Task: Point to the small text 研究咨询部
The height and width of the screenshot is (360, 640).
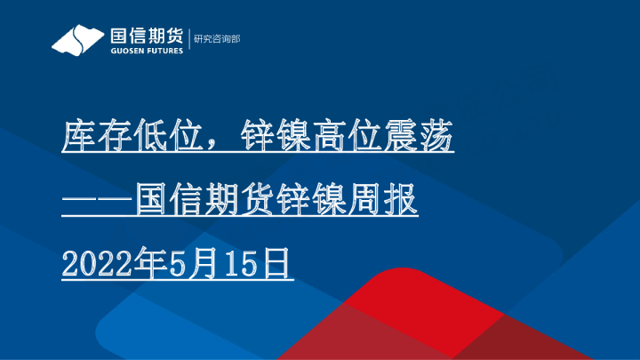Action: [x=217, y=40]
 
